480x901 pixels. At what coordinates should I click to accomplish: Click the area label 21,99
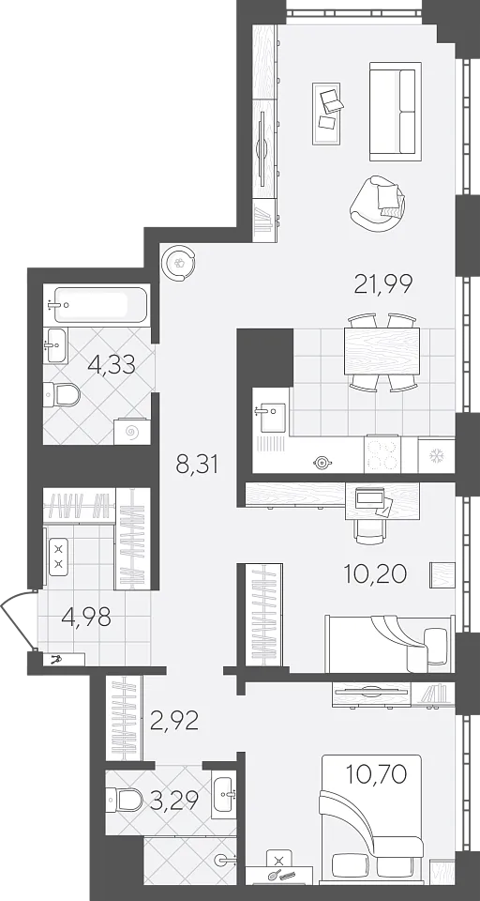tap(382, 284)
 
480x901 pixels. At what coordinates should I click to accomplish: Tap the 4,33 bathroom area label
tap(112, 364)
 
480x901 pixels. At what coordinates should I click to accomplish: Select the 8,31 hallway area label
tap(197, 465)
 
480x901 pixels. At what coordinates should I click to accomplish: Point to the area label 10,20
tap(375, 573)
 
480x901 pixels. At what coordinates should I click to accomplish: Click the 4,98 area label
tap(85, 618)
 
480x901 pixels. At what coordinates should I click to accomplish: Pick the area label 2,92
tap(174, 720)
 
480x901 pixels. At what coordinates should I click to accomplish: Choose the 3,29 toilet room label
tap(174, 800)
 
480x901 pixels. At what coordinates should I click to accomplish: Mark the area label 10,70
tap(377, 774)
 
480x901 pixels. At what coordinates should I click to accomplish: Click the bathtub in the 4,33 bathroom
tap(97, 304)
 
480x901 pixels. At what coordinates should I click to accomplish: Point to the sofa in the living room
tap(395, 112)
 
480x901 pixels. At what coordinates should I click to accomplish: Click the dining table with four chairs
tap(382, 352)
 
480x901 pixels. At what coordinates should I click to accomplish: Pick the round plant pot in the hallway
tap(179, 264)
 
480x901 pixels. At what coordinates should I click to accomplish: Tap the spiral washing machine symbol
tap(132, 431)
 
